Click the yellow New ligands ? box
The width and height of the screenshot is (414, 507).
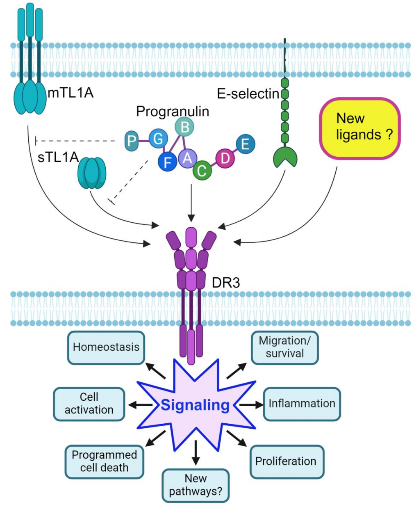[x=359, y=128]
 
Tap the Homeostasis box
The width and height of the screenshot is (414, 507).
[x=106, y=347]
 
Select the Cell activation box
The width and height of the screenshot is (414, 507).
[x=89, y=404]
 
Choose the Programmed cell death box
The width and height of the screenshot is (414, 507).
[x=104, y=461]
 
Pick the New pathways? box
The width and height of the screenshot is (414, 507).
[x=196, y=485]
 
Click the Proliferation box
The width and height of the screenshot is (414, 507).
[x=286, y=461]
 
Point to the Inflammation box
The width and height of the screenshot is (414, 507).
[x=302, y=404]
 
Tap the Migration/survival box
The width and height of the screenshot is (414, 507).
[x=285, y=347]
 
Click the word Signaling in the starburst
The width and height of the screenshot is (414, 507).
[x=195, y=405]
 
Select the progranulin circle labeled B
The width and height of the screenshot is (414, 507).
[x=184, y=127]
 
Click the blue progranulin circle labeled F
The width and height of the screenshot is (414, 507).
[x=167, y=162]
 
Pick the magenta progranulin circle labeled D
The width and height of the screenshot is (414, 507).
[x=225, y=158]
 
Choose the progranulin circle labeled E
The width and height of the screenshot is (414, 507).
[x=246, y=144]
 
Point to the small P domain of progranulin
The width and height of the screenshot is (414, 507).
[x=131, y=141]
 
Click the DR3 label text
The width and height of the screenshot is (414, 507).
[x=226, y=283]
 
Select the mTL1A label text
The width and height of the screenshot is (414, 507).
[x=71, y=93]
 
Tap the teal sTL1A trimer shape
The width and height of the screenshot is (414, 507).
[x=92, y=173]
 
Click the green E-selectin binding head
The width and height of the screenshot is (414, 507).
[x=285, y=158]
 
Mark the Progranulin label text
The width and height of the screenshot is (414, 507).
[x=173, y=111]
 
